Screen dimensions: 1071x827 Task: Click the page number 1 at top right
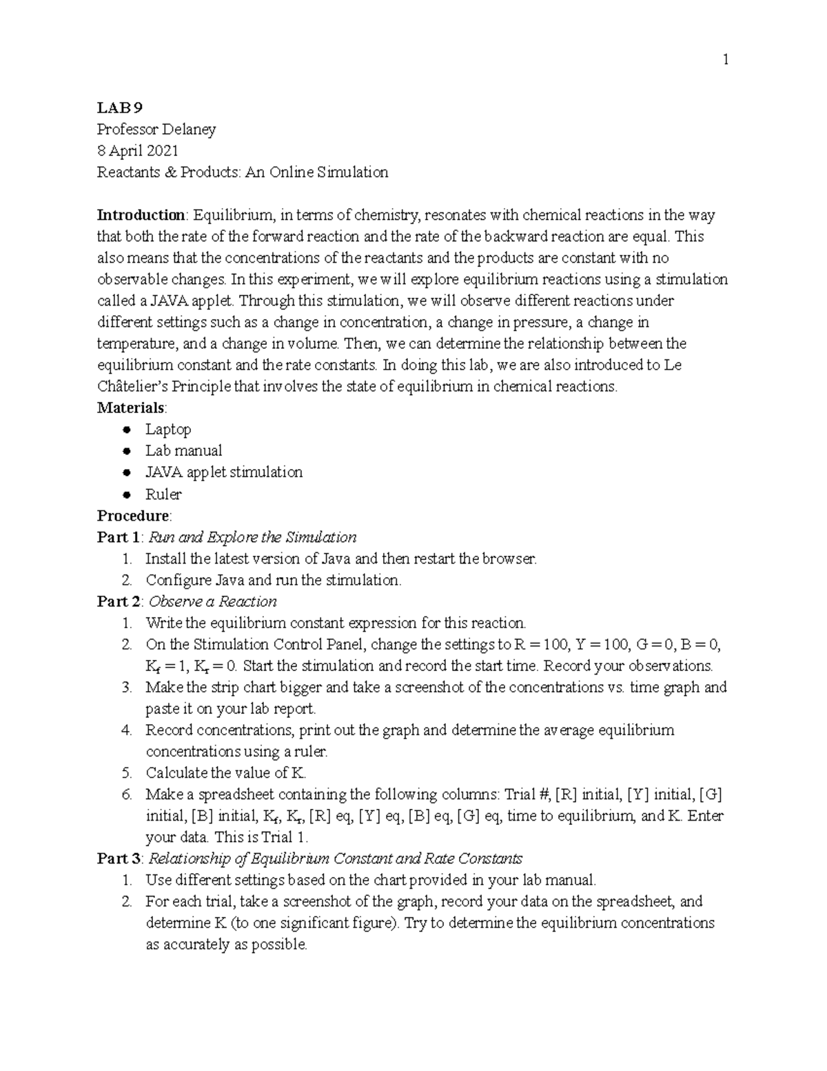(x=725, y=60)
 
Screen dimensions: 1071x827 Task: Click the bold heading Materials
(x=131, y=407)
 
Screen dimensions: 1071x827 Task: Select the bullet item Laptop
(x=167, y=429)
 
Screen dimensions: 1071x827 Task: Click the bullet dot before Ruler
(x=126, y=494)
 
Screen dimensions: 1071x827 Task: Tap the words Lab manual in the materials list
(x=183, y=450)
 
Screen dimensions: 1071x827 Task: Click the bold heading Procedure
(x=133, y=515)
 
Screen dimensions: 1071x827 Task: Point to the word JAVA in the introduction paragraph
(x=166, y=301)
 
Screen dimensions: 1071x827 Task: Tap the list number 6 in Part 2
(x=126, y=794)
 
